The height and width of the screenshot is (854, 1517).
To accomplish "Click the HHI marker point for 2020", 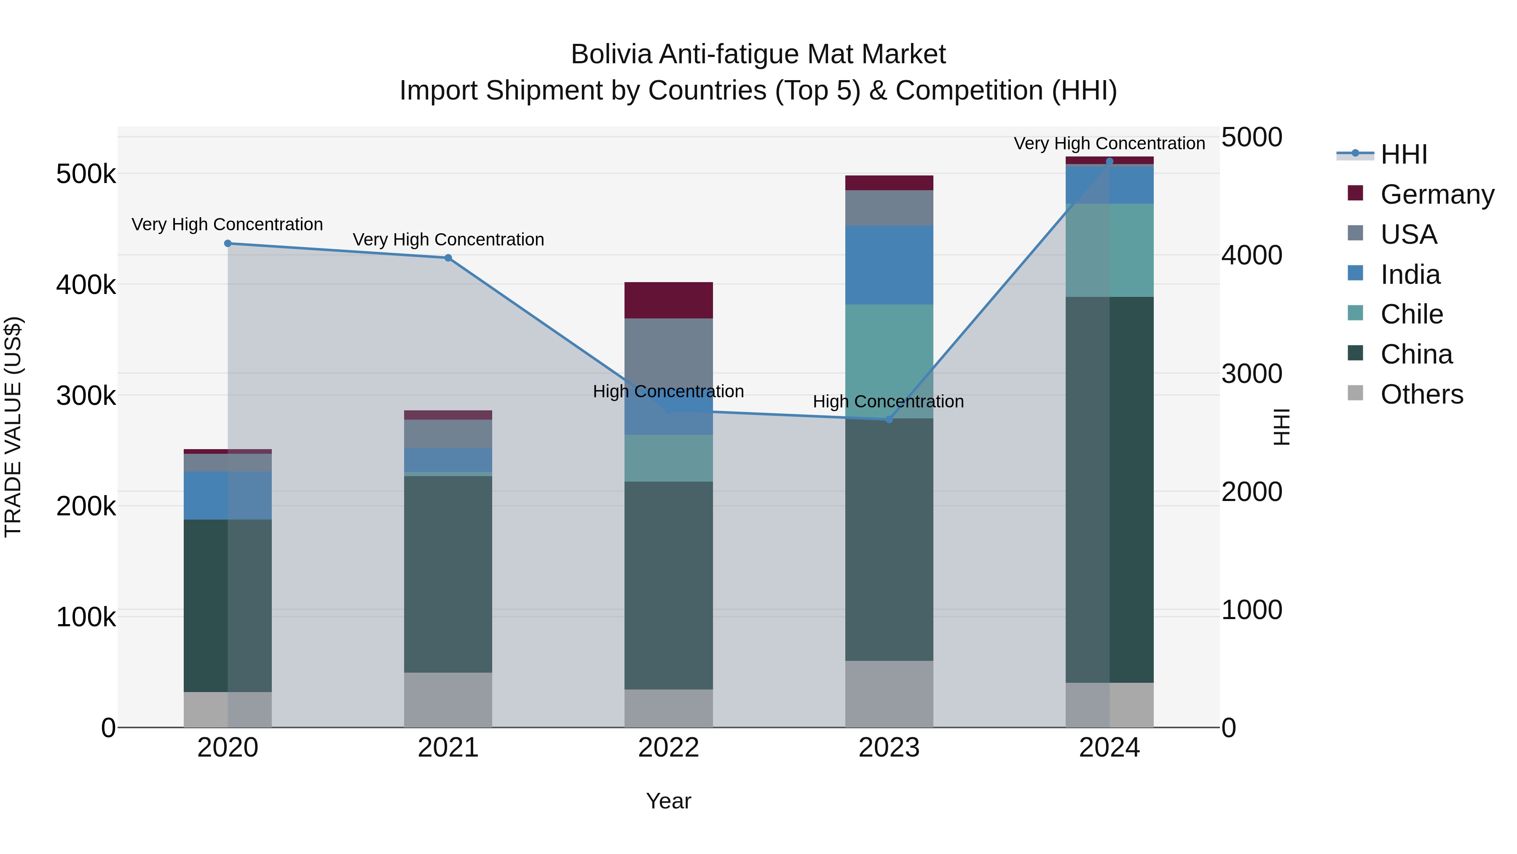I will point(228,243).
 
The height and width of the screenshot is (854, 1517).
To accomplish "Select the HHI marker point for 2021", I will point(448,258).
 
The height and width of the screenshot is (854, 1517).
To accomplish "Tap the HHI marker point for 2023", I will point(889,420).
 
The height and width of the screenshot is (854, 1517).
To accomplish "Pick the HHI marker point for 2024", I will point(1110,162).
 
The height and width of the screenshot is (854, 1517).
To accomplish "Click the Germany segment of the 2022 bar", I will point(668,301).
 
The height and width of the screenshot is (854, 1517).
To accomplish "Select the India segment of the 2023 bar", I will point(889,265).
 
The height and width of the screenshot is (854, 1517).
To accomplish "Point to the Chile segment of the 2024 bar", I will point(1110,251).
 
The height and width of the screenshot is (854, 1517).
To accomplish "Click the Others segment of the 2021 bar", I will point(448,700).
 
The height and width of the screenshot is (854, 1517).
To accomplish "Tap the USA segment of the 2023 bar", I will point(889,208).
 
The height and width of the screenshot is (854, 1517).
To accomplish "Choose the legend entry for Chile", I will point(1411,314).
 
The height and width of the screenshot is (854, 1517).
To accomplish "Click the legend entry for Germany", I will point(1437,194).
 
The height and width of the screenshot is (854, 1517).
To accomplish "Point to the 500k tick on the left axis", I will point(86,175).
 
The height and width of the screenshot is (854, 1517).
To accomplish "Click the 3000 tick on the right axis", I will point(1252,374).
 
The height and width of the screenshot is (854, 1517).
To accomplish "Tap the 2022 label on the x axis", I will point(668,748).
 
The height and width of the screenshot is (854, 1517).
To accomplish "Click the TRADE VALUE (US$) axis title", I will point(13,427).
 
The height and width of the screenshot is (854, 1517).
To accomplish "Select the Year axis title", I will point(668,801).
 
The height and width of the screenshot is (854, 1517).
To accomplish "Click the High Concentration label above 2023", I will point(888,402).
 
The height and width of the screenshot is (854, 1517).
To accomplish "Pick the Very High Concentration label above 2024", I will point(1109,144).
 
